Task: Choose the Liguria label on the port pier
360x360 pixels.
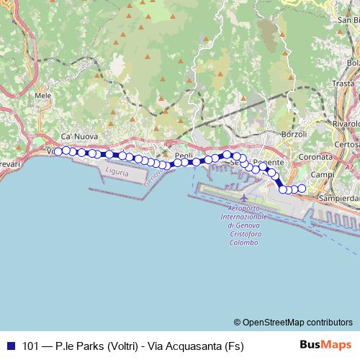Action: (116, 174)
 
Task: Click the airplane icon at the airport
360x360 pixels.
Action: (245, 198)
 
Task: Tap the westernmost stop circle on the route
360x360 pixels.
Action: (58, 151)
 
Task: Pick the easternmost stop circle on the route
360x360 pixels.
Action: (302, 189)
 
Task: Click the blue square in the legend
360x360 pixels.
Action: (11, 346)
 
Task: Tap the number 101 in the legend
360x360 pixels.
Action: (31, 346)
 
